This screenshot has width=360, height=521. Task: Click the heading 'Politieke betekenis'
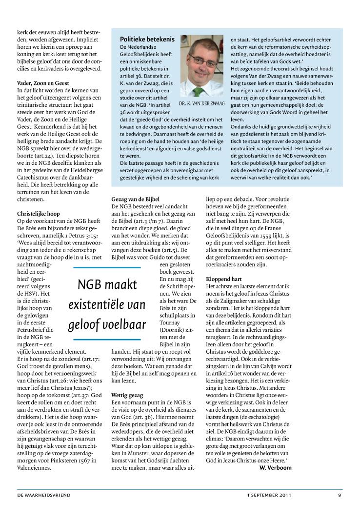click(x=147, y=39)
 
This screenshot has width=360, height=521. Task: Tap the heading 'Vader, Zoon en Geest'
click(x=43, y=83)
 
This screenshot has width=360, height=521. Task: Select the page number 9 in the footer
click(x=340, y=495)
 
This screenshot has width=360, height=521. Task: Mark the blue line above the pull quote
click(x=106, y=268)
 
